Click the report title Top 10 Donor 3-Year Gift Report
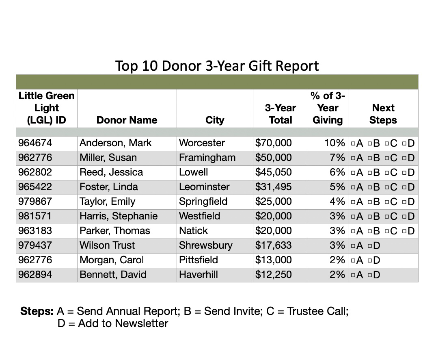217,65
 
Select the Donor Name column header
127,120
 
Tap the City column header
215,120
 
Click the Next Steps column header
383,114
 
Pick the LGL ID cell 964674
35,143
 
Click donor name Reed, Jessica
111,172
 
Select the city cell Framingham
207,158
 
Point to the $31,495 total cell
273,187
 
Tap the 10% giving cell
337,143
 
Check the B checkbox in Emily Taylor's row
370,202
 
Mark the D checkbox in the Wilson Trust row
370,246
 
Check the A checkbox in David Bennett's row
353,275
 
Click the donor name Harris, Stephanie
119,216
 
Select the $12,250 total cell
273,275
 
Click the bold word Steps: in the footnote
37,312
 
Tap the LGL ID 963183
35,231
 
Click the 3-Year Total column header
280,114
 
